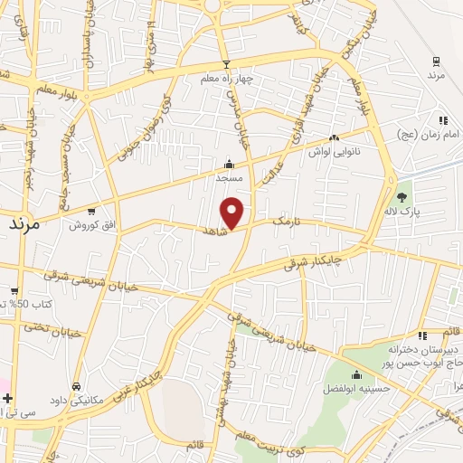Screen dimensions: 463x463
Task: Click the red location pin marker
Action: (232, 212)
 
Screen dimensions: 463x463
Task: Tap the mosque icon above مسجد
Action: (229, 165)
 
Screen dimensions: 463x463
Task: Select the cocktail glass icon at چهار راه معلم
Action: (226, 64)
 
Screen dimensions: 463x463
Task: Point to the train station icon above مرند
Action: (437, 61)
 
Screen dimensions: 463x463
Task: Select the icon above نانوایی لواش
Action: (334, 138)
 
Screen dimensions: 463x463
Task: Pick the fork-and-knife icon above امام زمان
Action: (442, 119)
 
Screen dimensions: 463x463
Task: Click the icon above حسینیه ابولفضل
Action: (356, 375)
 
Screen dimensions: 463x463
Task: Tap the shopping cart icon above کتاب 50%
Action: (14, 290)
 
